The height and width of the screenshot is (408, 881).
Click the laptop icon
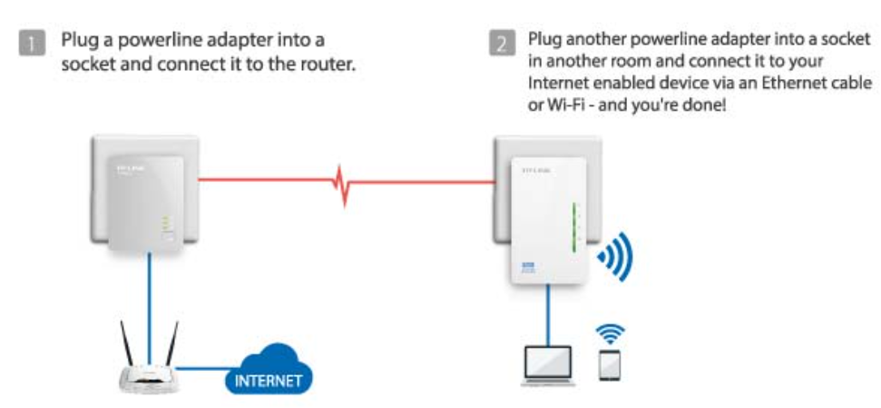(x=547, y=365)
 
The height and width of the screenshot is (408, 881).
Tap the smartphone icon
(x=609, y=365)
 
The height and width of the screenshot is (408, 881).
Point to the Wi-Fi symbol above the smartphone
(x=610, y=332)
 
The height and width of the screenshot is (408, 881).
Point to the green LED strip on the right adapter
(x=574, y=227)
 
